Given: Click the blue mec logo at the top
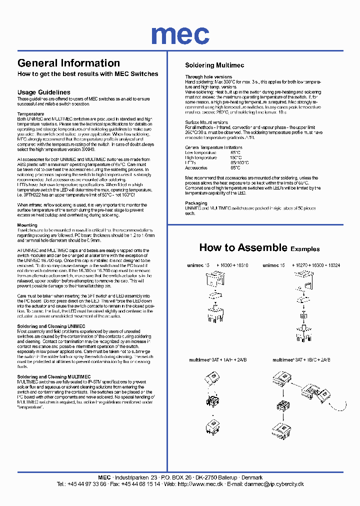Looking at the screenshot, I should coord(180,34).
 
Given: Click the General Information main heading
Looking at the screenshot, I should coord(68,63).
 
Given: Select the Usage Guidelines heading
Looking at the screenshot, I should coord(43,92).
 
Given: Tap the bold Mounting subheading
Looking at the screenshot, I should coord(27,225).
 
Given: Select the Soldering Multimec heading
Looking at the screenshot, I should coord(214,65).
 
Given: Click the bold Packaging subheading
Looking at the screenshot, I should coord(196,203).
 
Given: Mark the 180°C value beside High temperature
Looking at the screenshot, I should coord(236,157).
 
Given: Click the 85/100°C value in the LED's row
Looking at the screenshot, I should coord(239,163).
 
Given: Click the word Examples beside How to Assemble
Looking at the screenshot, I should coord(305,249).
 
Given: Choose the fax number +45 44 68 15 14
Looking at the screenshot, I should coord(141,484).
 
